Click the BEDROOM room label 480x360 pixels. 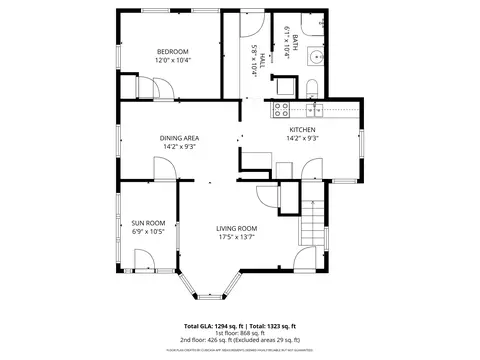tap(172, 51)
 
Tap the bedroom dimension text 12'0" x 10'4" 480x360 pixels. tap(172, 61)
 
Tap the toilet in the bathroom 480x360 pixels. tap(311, 85)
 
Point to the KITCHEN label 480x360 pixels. tap(302, 130)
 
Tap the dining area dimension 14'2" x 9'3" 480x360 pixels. tap(179, 147)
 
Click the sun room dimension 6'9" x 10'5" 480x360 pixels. tap(148, 232)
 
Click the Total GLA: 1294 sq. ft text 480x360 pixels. tap(214, 327)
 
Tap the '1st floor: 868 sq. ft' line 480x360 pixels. tap(240, 334)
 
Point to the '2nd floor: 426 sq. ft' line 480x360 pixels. tap(240, 341)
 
